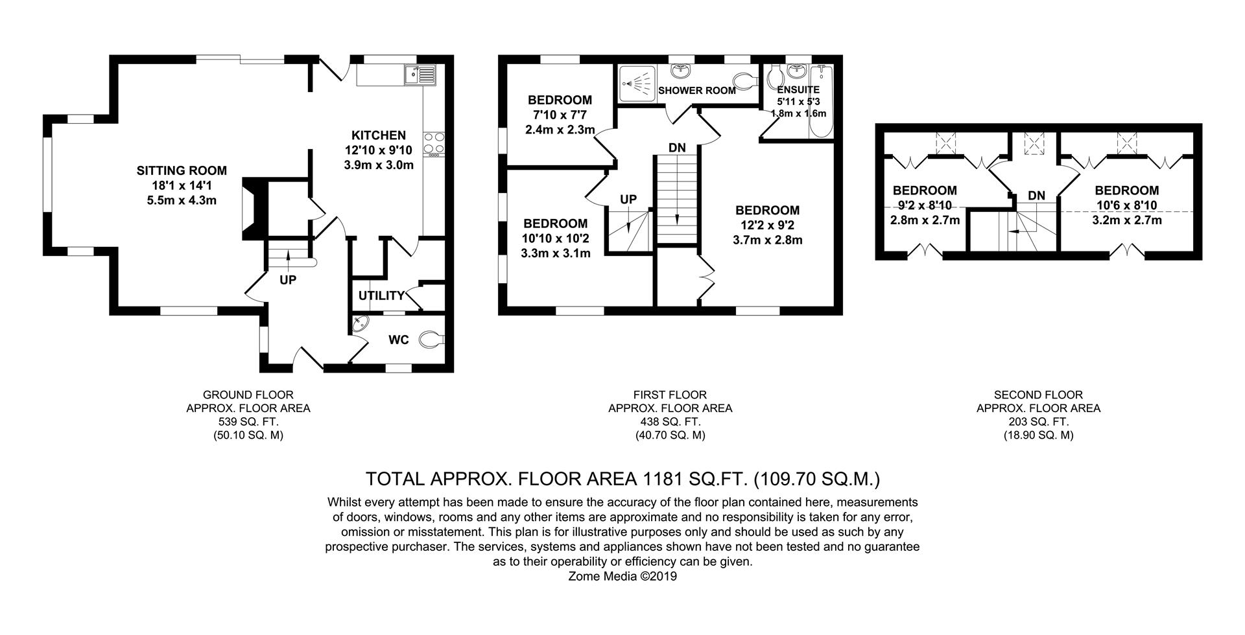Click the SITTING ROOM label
point(182,171)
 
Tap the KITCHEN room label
point(379,135)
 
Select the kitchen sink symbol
point(420,76)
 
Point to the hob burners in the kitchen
point(433,144)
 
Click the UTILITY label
point(381,295)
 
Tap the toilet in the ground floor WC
point(432,339)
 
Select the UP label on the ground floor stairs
point(288,281)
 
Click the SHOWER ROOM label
point(697,91)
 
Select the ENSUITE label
point(798,89)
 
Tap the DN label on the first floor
point(677,148)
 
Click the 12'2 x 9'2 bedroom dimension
point(767,225)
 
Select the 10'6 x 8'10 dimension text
point(1126,205)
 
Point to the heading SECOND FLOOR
point(1038,395)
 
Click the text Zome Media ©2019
point(622,576)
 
